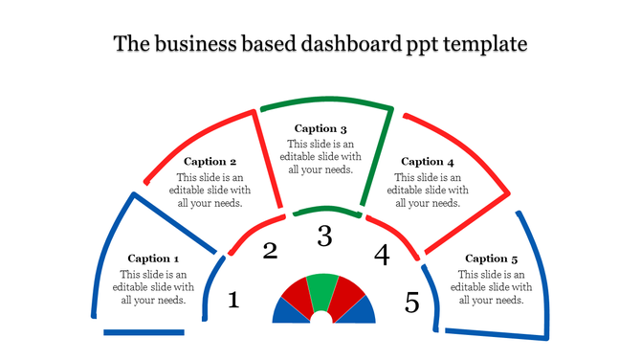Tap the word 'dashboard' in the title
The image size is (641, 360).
343,44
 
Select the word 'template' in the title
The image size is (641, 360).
482,44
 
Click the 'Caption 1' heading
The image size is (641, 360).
153,259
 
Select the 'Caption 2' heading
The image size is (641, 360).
210,162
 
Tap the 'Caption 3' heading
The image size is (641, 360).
320,128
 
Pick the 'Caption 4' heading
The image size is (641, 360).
428,162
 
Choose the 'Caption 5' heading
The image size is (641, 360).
492,259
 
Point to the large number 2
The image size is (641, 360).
270,252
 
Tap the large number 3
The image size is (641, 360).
324,236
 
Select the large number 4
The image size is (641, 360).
382,256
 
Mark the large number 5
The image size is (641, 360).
411,303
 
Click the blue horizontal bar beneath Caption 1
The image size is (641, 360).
144,332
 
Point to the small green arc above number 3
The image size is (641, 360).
324,210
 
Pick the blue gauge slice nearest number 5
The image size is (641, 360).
361,310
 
